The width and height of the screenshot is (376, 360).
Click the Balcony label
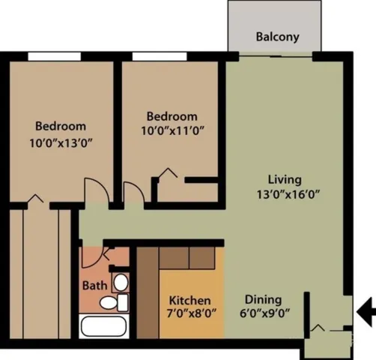[x=278, y=36]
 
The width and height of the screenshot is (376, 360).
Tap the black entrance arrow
[x=366, y=310]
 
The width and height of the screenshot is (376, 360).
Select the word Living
[x=285, y=179]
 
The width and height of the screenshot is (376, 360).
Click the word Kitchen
[x=189, y=299]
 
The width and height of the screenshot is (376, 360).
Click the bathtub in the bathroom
[x=105, y=327]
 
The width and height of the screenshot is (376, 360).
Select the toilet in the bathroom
[x=112, y=303]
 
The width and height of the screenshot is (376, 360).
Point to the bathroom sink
[x=120, y=283]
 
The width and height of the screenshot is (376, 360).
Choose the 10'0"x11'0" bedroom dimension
[x=172, y=130]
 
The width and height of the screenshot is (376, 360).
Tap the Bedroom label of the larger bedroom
[x=61, y=126]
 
